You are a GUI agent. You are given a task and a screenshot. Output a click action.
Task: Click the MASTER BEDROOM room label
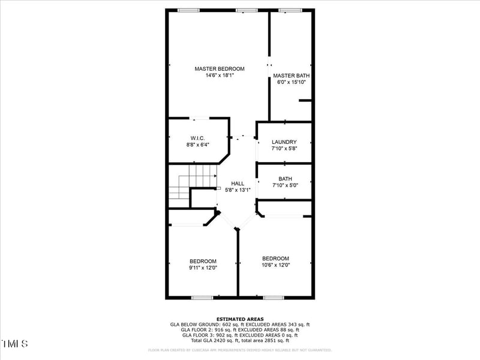point(220,69)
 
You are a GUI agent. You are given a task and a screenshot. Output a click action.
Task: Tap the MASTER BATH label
point(291,76)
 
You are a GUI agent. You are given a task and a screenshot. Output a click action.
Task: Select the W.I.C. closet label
point(198,138)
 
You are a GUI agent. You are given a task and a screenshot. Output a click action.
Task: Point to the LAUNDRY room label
point(284,142)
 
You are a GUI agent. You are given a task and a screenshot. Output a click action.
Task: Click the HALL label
point(238,184)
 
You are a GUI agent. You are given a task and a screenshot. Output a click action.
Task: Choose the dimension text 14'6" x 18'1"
point(220,76)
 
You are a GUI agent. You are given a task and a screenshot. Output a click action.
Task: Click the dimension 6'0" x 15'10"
point(291,82)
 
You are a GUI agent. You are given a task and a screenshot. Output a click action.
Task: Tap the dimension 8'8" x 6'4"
point(198,145)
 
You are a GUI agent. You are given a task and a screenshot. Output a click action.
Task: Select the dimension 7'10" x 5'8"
point(284,149)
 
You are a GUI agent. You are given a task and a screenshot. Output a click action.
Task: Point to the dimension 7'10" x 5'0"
point(285,185)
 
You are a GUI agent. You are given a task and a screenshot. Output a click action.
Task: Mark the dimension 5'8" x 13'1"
point(238,190)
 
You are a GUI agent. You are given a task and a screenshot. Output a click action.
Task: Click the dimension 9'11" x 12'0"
point(203,268)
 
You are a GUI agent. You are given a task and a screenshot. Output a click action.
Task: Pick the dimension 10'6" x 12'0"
point(275,265)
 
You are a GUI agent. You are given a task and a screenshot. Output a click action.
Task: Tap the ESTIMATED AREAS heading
point(239,319)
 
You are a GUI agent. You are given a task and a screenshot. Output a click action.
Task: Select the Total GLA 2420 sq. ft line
point(239,340)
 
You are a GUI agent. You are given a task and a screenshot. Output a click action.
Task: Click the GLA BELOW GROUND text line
point(239,325)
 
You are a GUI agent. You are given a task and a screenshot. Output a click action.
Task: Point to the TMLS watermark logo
point(15,344)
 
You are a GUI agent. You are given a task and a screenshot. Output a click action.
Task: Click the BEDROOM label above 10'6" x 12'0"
point(275,258)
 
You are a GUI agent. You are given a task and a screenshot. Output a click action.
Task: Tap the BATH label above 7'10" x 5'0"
point(285,179)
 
